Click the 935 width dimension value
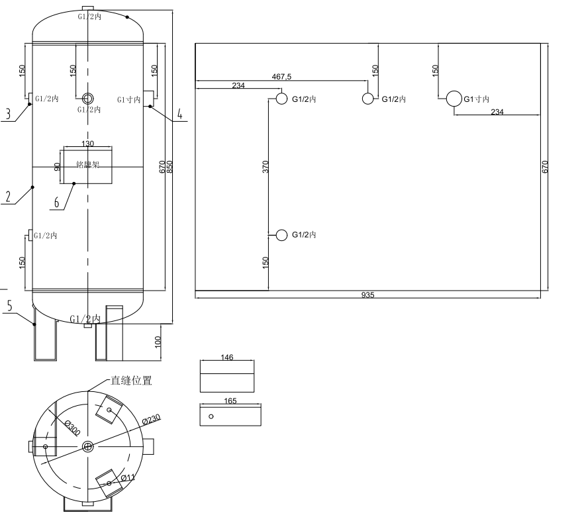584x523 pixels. (368, 295)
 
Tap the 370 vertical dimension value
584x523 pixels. (265, 166)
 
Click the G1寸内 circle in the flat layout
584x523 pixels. (454, 99)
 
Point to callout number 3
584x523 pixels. (8, 114)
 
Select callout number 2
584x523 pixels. (8, 197)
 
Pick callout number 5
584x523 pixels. (9, 306)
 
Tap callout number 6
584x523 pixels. (57, 202)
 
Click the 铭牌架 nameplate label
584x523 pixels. (87, 165)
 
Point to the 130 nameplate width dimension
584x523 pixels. (87, 144)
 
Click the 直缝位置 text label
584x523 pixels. (131, 381)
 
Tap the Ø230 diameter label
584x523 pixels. (152, 419)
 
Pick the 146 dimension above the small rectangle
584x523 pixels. (227, 357)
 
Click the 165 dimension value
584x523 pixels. (230, 401)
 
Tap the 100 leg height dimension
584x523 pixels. (158, 342)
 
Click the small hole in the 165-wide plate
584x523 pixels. (211, 416)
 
